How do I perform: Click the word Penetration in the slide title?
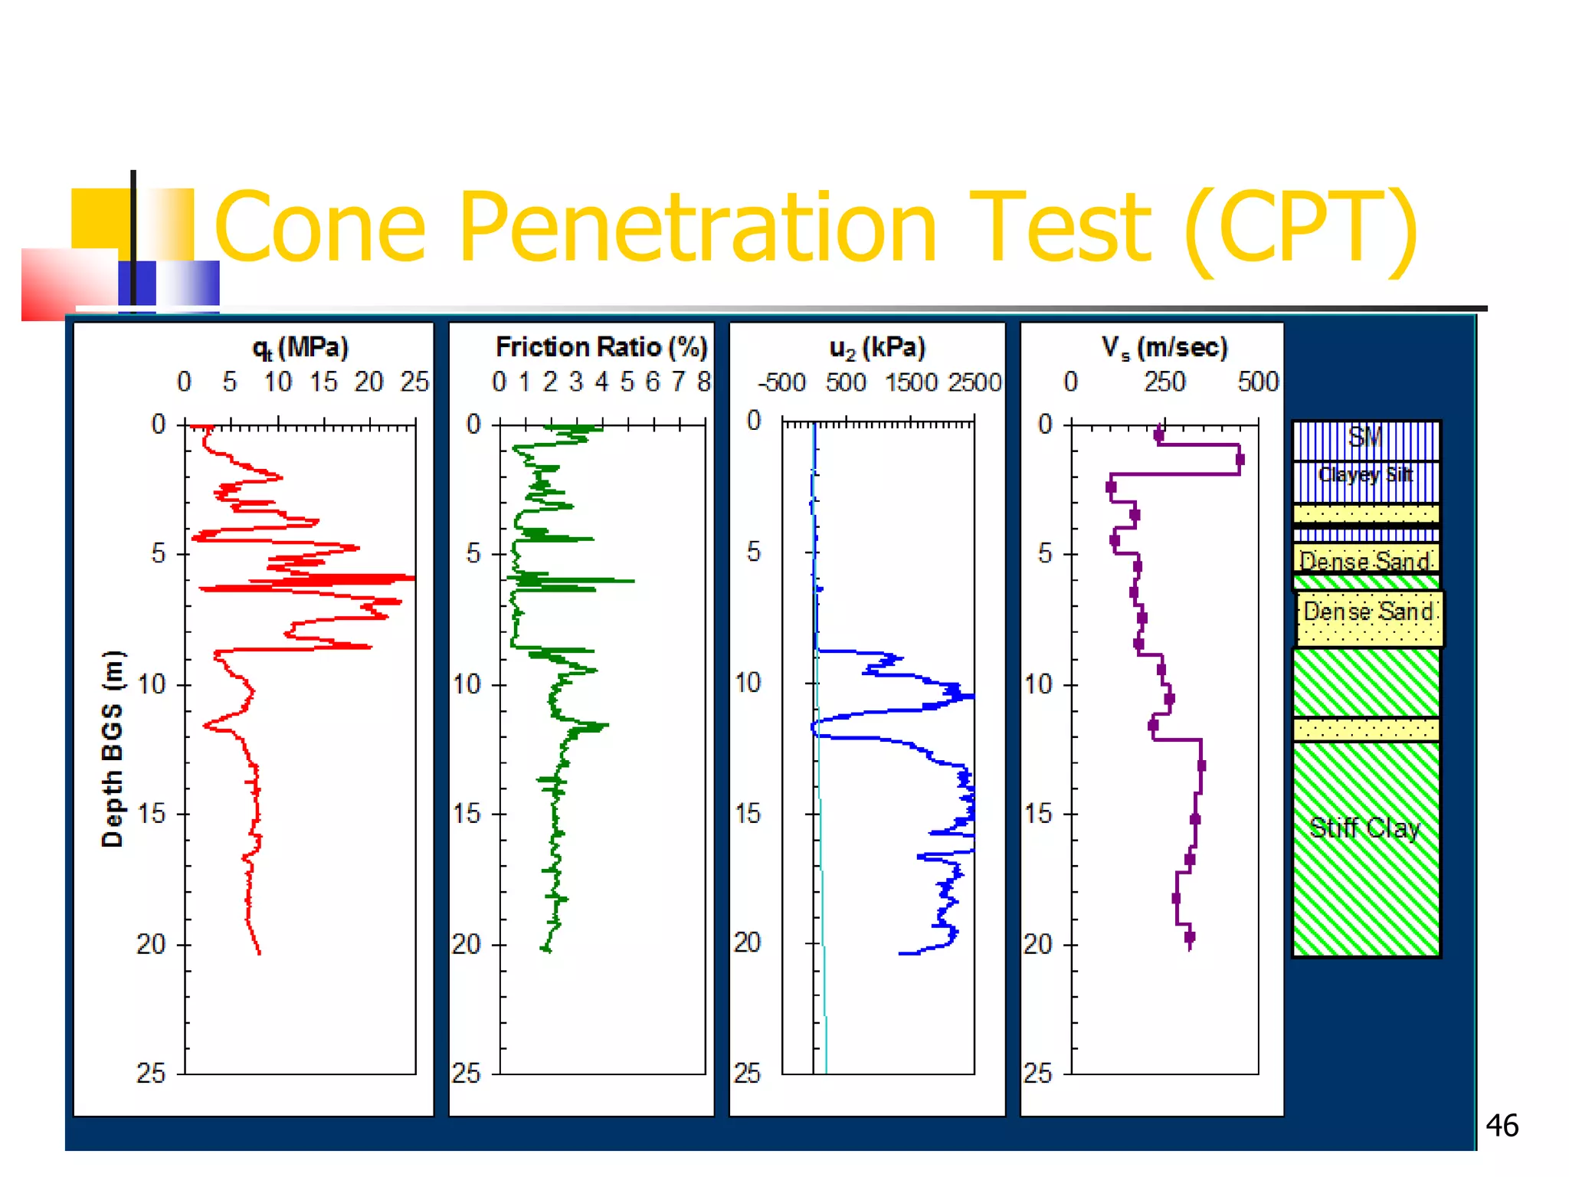point(697,228)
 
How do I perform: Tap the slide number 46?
point(1502,1126)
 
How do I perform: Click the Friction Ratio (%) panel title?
point(601,347)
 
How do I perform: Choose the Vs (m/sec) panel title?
point(1164,348)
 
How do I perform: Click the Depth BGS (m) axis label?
point(113,748)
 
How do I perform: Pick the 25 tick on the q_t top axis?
point(414,382)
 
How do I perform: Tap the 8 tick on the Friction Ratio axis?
point(703,382)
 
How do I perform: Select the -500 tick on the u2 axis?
point(781,382)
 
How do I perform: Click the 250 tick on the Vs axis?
point(1164,382)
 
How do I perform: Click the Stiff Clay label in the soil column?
point(1364,828)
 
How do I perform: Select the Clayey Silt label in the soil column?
point(1365,475)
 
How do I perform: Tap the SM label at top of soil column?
point(1364,438)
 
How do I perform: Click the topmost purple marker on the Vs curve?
point(1159,435)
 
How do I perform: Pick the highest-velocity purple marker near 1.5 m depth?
point(1240,460)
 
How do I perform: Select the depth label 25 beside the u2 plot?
point(747,1073)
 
